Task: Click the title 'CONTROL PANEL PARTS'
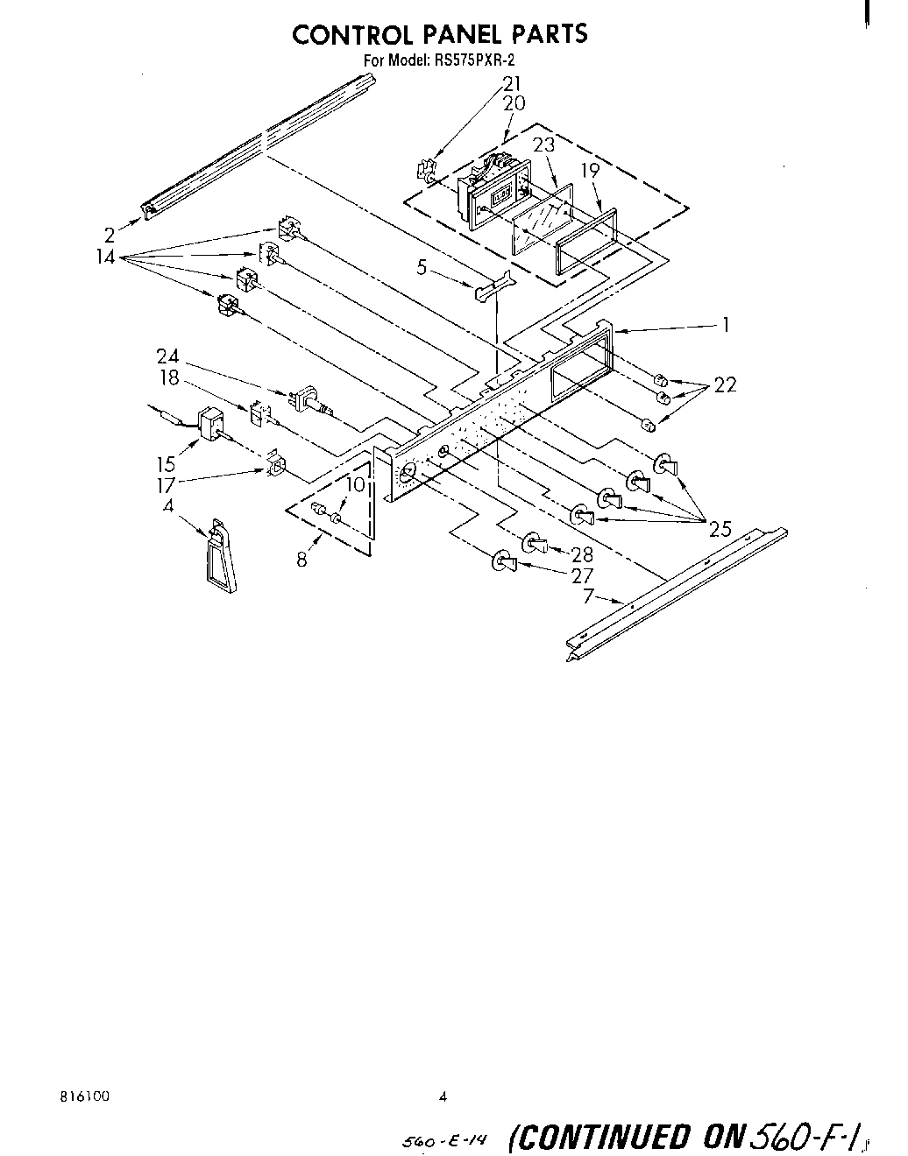click(439, 34)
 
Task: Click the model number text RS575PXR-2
click(477, 62)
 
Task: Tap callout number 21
click(512, 84)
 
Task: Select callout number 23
click(544, 145)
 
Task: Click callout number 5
click(422, 267)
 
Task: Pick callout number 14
click(106, 258)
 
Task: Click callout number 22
click(725, 384)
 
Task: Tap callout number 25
click(720, 529)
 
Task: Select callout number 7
click(589, 596)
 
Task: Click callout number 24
click(167, 356)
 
